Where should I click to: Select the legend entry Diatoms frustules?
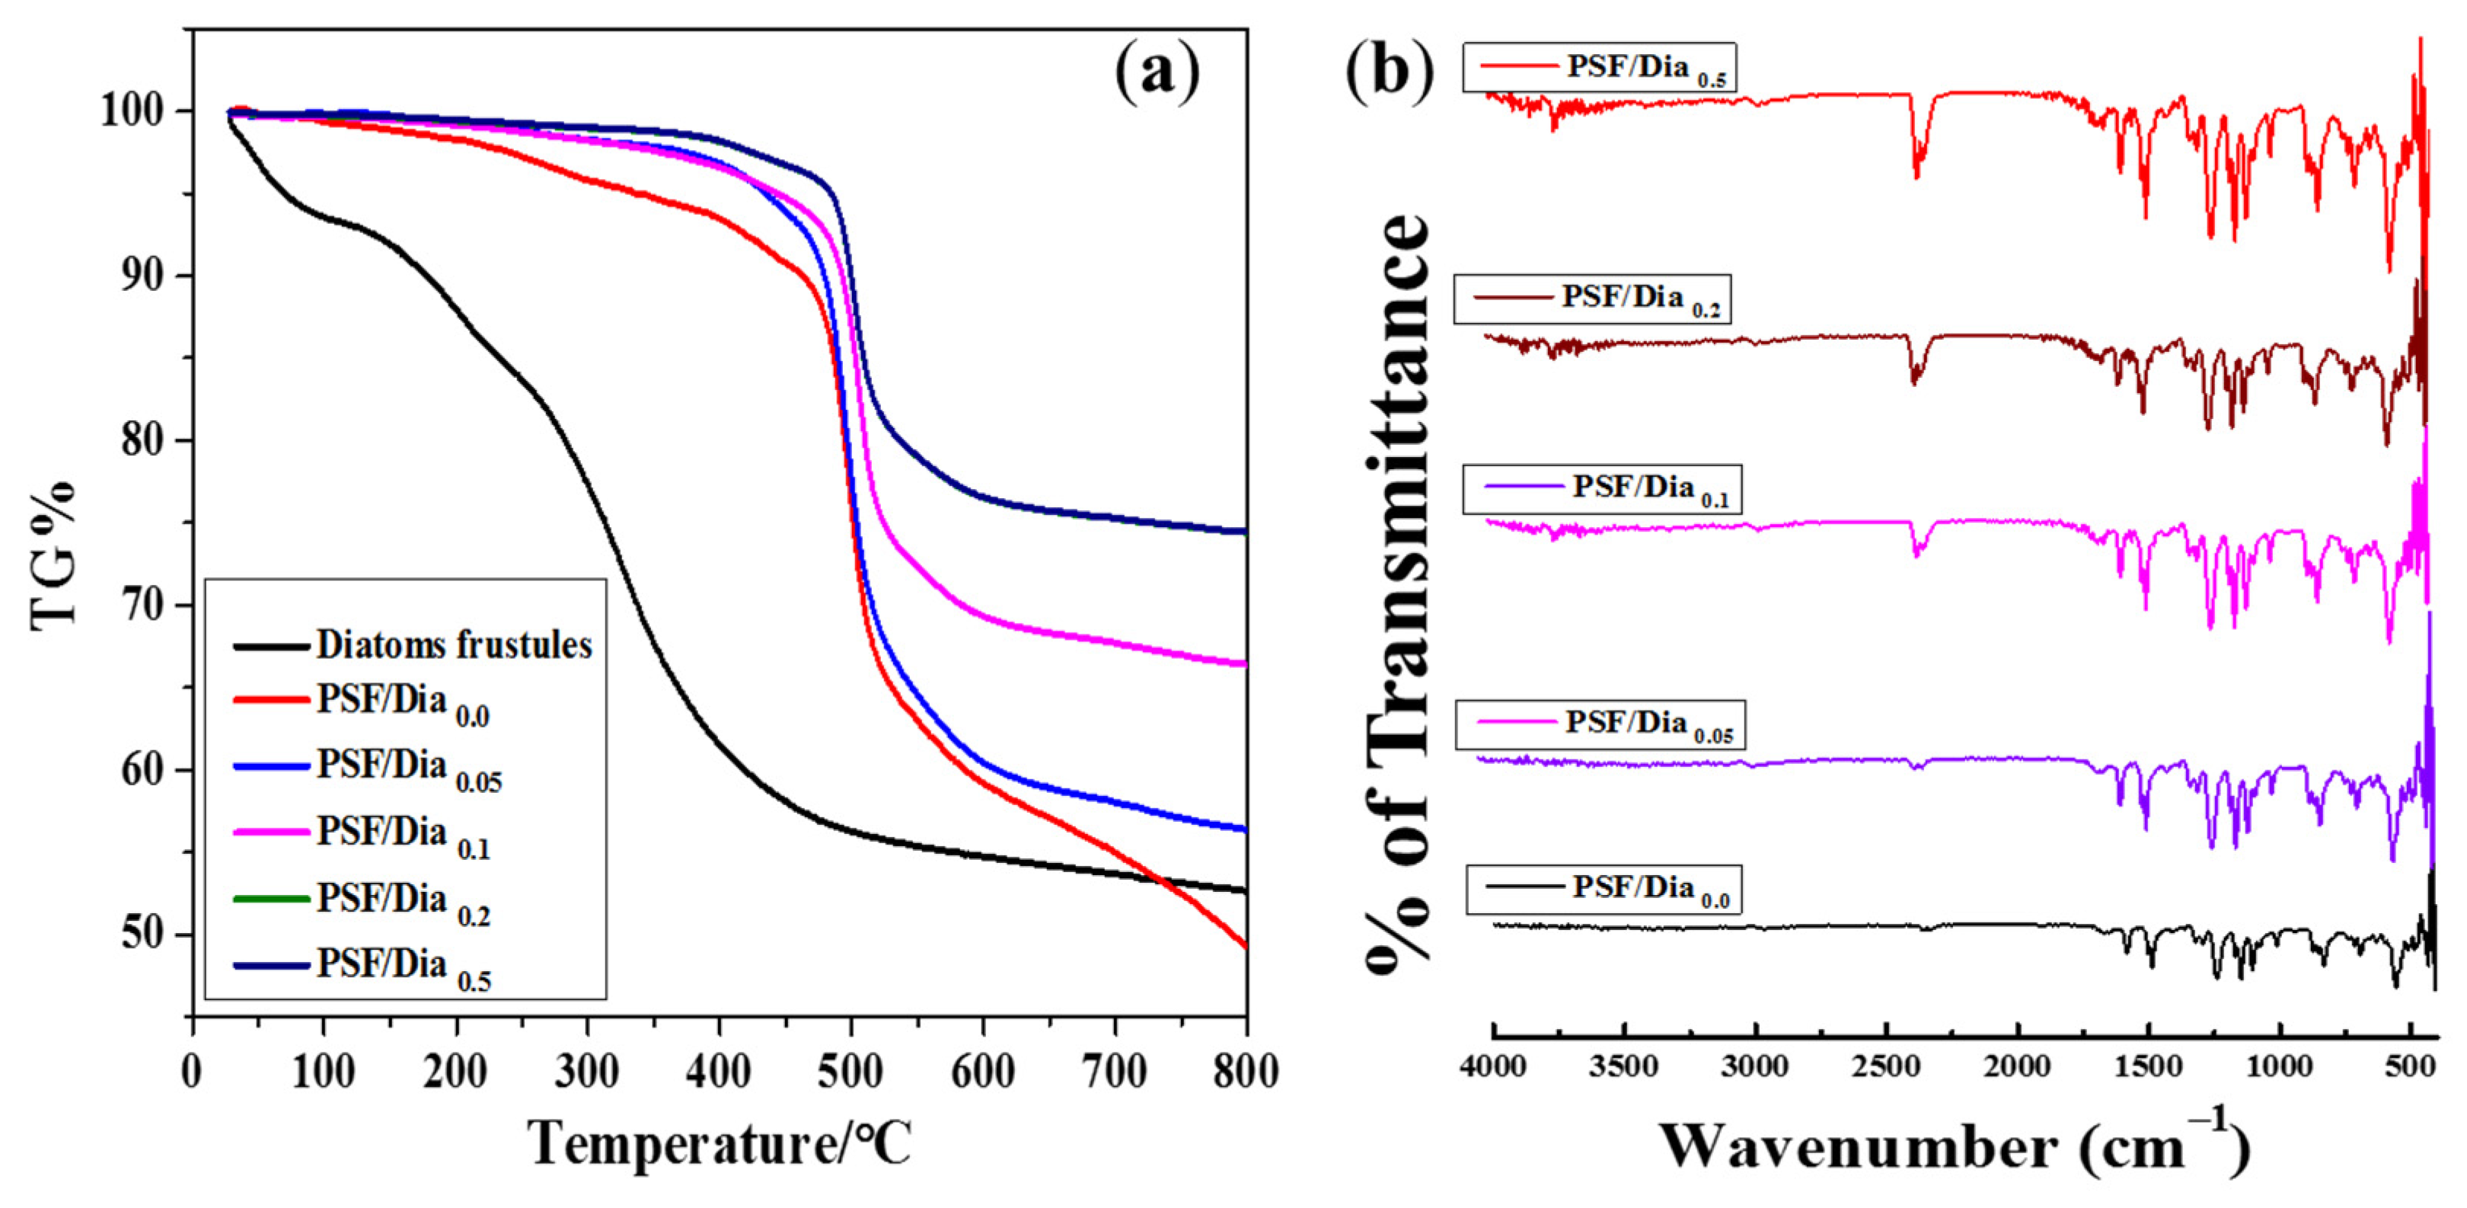[x=413, y=646]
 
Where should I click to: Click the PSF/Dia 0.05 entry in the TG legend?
[x=369, y=770]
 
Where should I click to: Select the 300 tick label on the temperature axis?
[x=587, y=1071]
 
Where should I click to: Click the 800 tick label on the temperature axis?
[x=1245, y=1071]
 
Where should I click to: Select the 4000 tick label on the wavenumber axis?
[x=1494, y=1066]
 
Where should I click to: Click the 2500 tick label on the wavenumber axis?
[x=1887, y=1066]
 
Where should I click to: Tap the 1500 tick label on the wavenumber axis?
[x=2149, y=1066]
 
